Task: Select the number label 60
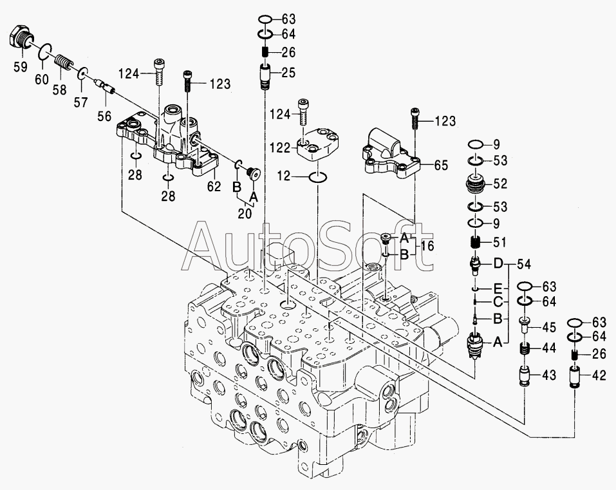point(41,80)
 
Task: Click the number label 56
point(103,115)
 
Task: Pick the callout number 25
point(288,72)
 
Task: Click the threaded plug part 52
point(478,184)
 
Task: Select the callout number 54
point(525,264)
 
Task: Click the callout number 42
point(599,375)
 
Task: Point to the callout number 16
point(427,246)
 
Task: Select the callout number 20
point(245,214)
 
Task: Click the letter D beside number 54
point(498,264)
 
